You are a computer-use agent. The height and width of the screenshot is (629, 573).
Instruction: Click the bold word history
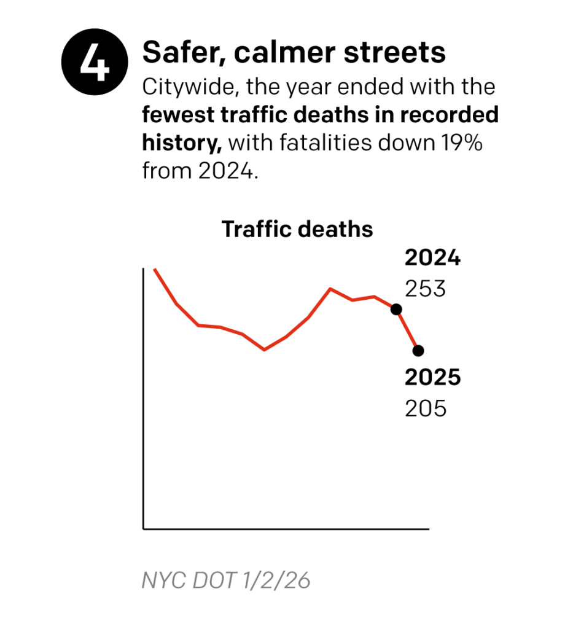[x=181, y=143]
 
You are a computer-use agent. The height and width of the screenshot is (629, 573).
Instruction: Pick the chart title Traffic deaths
[x=297, y=229]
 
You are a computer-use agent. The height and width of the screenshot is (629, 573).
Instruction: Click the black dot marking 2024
[x=396, y=309]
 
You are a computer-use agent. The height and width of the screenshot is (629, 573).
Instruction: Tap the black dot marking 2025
[x=418, y=351]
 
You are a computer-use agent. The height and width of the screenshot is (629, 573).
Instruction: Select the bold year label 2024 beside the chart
[x=432, y=259]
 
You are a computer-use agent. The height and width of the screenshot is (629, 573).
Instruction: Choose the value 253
[x=425, y=288]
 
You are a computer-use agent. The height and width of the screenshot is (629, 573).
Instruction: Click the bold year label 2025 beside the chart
[x=432, y=378]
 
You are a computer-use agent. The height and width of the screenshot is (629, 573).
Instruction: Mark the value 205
[x=425, y=408]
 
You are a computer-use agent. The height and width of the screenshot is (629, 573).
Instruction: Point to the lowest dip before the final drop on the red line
[x=264, y=350]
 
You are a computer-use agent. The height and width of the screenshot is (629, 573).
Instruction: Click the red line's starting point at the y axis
[x=154, y=269]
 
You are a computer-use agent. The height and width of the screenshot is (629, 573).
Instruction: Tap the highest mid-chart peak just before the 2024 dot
[x=330, y=288]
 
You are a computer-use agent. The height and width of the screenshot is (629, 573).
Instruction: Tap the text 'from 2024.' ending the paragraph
[x=198, y=171]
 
